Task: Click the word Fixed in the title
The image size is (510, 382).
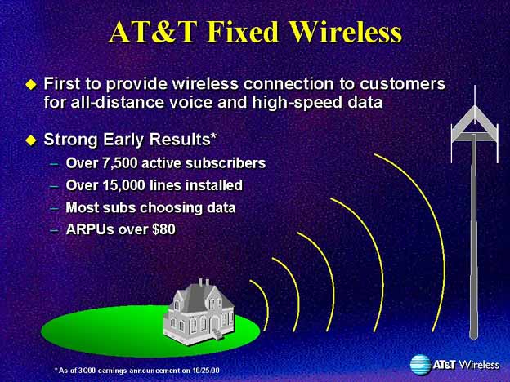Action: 243,32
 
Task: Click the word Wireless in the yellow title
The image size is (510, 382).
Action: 346,32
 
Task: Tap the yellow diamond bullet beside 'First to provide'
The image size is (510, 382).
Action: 31,85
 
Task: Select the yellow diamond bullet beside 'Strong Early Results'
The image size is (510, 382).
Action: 31,140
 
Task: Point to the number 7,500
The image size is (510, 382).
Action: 119,163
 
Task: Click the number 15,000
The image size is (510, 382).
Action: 123,185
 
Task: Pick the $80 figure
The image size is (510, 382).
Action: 163,229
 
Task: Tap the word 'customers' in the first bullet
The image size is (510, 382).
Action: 402,84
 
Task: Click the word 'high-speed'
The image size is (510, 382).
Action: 297,103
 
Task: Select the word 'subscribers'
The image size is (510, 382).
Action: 226,163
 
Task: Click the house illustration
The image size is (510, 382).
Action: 199,311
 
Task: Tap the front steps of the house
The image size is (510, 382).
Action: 217,335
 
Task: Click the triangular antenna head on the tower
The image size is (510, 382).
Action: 474,125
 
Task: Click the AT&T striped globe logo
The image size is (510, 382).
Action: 421,365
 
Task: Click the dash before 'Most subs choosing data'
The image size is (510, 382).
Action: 55,208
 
